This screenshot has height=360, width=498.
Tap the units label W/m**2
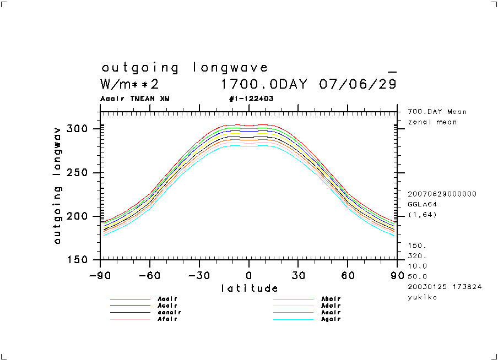pyautogui.click(x=129, y=84)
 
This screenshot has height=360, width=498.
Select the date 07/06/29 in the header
pyautogui.click(x=358, y=84)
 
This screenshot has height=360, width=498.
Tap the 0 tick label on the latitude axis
pyautogui.click(x=249, y=275)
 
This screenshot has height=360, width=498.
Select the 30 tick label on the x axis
pyautogui.click(x=298, y=275)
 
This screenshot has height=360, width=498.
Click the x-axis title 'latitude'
pyautogui.click(x=249, y=288)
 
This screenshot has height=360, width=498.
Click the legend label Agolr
pyautogui.click(x=331, y=319)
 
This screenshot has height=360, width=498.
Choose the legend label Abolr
pyautogui.click(x=331, y=299)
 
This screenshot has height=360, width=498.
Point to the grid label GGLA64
pyautogui.click(x=421, y=204)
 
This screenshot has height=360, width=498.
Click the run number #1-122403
pyautogui.click(x=251, y=99)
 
